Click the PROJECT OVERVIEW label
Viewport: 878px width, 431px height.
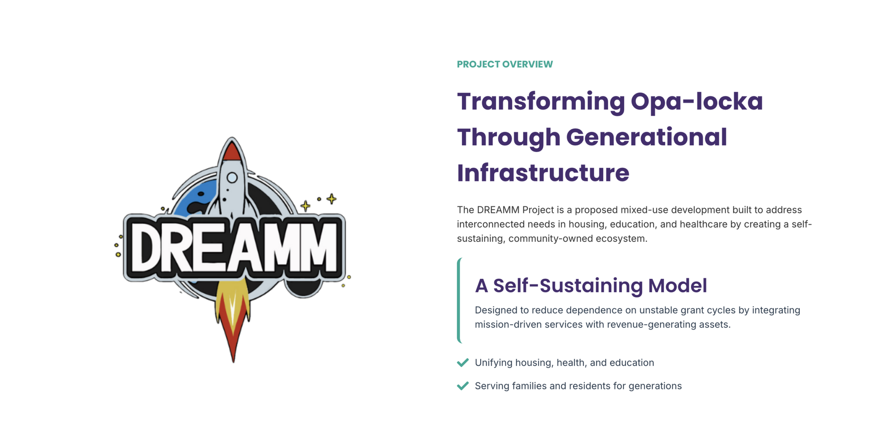click(x=505, y=64)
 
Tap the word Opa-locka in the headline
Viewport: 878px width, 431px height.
click(x=696, y=101)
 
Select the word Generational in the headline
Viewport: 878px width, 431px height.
click(x=647, y=137)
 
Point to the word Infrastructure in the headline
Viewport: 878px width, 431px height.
click(x=543, y=173)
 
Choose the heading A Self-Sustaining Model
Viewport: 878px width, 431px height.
click(x=591, y=286)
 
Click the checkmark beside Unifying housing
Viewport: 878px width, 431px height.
click(x=463, y=362)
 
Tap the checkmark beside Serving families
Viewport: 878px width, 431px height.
click(x=463, y=386)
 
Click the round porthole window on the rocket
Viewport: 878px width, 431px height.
click(x=232, y=178)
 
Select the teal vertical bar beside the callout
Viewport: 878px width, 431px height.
click(x=459, y=300)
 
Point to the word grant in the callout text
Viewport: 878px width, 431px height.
click(x=692, y=311)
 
